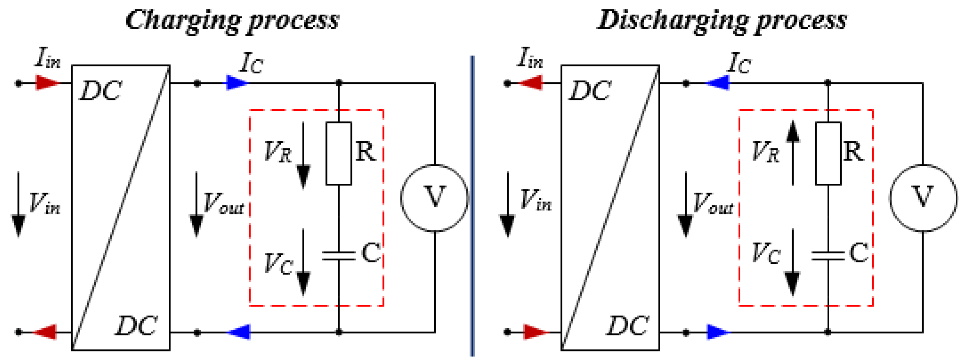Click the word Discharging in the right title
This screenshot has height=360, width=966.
671,21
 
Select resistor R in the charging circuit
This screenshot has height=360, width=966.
338,153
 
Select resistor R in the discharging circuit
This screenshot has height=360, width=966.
828,153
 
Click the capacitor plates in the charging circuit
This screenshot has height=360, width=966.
338,256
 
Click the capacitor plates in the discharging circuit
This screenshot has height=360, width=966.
828,256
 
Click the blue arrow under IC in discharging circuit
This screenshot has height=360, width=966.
718,83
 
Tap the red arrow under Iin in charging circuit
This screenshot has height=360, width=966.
47,83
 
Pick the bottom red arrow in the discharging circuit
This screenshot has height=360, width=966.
535,332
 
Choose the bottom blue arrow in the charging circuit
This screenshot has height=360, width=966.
239,332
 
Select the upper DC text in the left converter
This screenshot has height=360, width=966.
101,91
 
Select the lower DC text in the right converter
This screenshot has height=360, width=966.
628,325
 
